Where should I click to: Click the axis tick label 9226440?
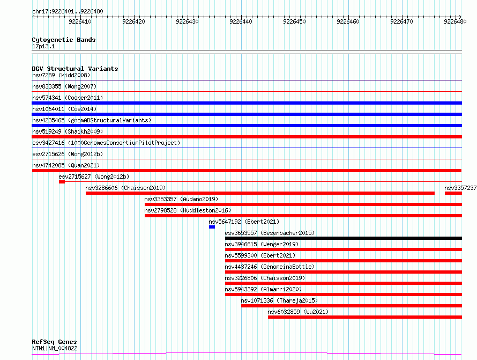[x=241, y=21]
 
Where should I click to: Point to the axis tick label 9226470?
[x=401, y=21]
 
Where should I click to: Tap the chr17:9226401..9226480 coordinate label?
[x=68, y=12]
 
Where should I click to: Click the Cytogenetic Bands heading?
[x=64, y=40]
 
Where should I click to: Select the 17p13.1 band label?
[x=43, y=46]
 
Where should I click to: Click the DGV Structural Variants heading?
[x=75, y=69]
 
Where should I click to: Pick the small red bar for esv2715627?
[x=62, y=182]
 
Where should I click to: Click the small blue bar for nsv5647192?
[x=212, y=227]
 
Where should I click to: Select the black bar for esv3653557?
[x=344, y=238]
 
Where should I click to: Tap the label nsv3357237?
[x=460, y=188]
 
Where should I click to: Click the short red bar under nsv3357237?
[x=453, y=193]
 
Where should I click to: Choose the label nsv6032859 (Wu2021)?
[x=298, y=312]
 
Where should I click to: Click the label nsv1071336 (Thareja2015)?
[x=279, y=300]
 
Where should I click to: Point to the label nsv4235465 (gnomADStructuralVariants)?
[x=92, y=120]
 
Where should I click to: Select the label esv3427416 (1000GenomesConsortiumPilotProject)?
[x=106, y=143]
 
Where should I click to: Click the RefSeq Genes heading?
[x=55, y=342]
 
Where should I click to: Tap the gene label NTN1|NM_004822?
[x=55, y=348]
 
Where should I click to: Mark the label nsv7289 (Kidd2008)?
[x=61, y=75]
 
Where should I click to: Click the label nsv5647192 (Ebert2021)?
[x=244, y=222]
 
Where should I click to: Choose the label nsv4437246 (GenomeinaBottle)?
[x=270, y=267]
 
